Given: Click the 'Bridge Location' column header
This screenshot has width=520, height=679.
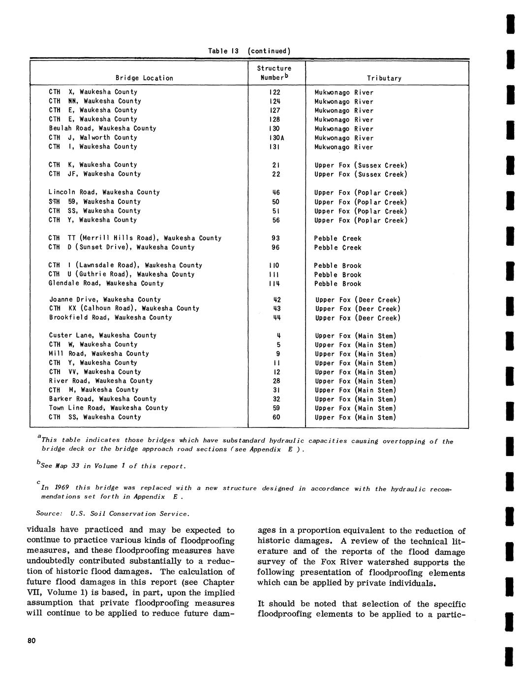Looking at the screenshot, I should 144,78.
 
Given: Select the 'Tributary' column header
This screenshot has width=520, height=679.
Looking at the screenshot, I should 384,78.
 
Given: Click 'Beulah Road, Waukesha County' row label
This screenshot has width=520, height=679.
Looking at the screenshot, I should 102,128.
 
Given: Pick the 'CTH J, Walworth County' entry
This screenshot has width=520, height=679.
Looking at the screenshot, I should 92,137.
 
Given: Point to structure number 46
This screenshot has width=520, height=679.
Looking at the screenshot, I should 276,193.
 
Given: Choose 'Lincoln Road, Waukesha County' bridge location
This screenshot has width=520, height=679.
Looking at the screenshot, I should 104,192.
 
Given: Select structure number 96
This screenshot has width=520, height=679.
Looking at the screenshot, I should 276,247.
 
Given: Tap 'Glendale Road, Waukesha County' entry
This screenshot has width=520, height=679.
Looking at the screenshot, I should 106,283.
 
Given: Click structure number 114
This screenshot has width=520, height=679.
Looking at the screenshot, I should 276,284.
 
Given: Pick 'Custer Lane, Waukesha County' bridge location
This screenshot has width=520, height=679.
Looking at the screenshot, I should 102,335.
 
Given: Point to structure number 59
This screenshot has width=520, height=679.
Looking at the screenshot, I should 276,408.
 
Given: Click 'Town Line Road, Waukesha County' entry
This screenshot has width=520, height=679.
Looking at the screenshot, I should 108,408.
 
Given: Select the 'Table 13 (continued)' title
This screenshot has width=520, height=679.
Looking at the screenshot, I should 249,51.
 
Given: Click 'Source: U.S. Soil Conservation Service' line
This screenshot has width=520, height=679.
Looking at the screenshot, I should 113,514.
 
